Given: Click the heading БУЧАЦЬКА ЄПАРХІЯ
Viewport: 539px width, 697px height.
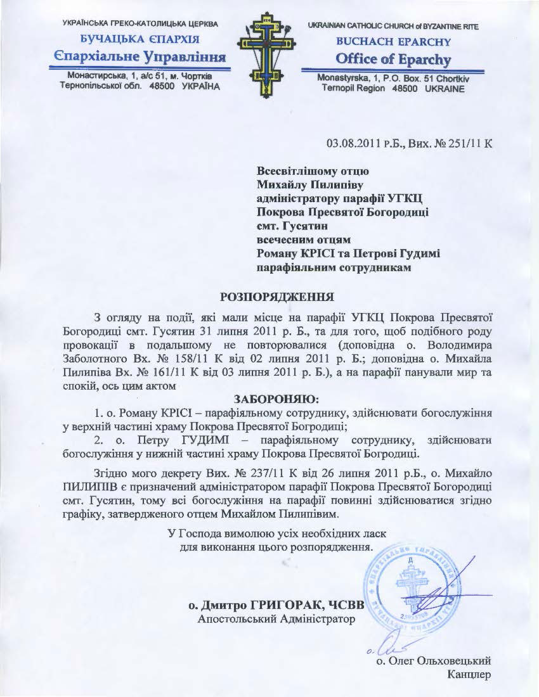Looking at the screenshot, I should (x=139, y=41).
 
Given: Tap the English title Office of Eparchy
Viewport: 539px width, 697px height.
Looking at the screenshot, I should (x=394, y=60).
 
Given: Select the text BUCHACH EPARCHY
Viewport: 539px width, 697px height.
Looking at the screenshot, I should (x=393, y=42).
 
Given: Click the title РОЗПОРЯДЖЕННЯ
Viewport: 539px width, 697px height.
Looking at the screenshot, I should (x=276, y=296).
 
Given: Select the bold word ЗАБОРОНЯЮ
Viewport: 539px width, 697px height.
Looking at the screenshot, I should (x=276, y=399).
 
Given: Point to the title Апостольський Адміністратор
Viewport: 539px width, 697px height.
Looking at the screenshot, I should (x=276, y=618).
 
